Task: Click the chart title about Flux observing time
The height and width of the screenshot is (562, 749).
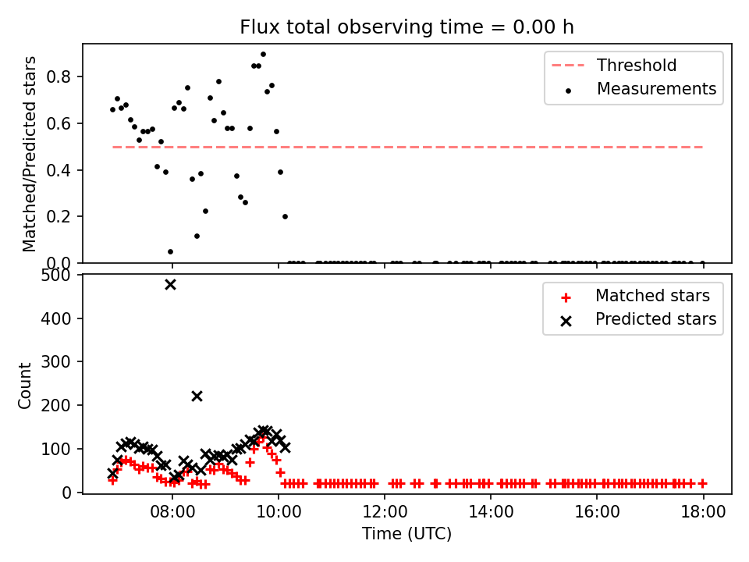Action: click(x=406, y=27)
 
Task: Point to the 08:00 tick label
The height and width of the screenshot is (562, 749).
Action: click(x=172, y=512)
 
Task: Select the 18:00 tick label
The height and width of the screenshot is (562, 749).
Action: click(x=703, y=512)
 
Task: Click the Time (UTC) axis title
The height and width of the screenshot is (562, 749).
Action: click(x=406, y=533)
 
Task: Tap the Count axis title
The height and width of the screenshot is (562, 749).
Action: click(x=24, y=386)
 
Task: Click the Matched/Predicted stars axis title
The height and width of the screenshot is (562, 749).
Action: click(x=29, y=154)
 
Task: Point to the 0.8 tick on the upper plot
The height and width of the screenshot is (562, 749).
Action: click(x=59, y=76)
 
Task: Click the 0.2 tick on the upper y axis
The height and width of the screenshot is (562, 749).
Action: click(x=59, y=216)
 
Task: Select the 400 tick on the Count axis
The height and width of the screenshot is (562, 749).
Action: click(x=55, y=318)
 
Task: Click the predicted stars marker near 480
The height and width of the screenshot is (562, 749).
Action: click(x=170, y=284)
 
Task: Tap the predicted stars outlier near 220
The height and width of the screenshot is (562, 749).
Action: click(x=197, y=397)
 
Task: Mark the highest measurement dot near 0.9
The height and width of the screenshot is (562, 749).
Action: click(x=263, y=55)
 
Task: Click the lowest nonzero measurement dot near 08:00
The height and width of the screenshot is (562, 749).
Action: click(x=171, y=252)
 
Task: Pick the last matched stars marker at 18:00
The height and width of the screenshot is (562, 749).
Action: click(x=703, y=484)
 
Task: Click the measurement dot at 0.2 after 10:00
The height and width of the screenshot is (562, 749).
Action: click(x=286, y=216)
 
